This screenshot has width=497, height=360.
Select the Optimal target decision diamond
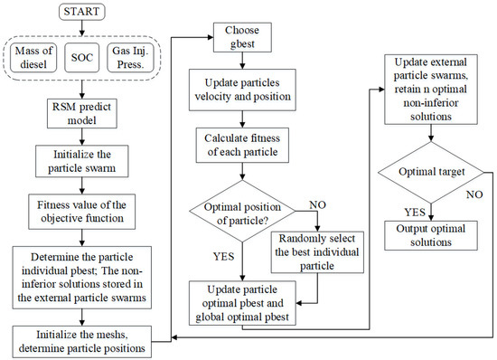click(431, 170)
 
